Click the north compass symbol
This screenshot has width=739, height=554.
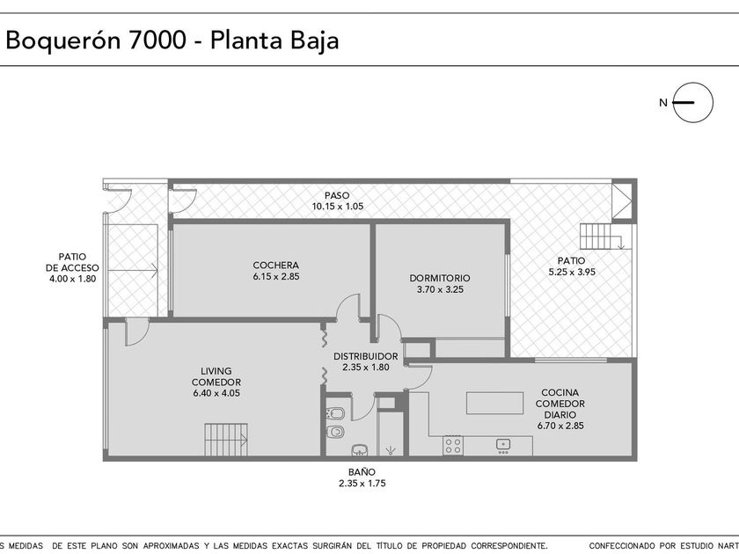(692, 102)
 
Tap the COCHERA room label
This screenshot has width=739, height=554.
(275, 266)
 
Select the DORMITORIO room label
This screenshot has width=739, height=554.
(440, 278)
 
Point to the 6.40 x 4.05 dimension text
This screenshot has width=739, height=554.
(216, 393)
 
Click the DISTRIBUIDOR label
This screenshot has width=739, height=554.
(366, 357)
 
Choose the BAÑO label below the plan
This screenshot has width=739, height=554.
(362, 472)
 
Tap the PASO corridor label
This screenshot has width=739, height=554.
(338, 195)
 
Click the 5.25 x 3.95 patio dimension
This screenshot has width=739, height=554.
(572, 272)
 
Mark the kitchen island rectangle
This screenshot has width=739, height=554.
(494, 403)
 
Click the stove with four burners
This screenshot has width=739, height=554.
(453, 445)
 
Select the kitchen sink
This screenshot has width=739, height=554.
(503, 445)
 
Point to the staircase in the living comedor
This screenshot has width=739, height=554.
(226, 440)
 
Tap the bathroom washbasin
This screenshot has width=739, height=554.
(361, 449)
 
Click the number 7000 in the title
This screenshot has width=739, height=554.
(157, 40)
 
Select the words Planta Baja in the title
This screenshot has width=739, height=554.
(274, 41)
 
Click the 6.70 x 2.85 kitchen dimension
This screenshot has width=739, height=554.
(560, 426)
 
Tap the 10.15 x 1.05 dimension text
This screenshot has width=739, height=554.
(338, 207)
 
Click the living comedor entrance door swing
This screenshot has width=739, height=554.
(137, 332)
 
